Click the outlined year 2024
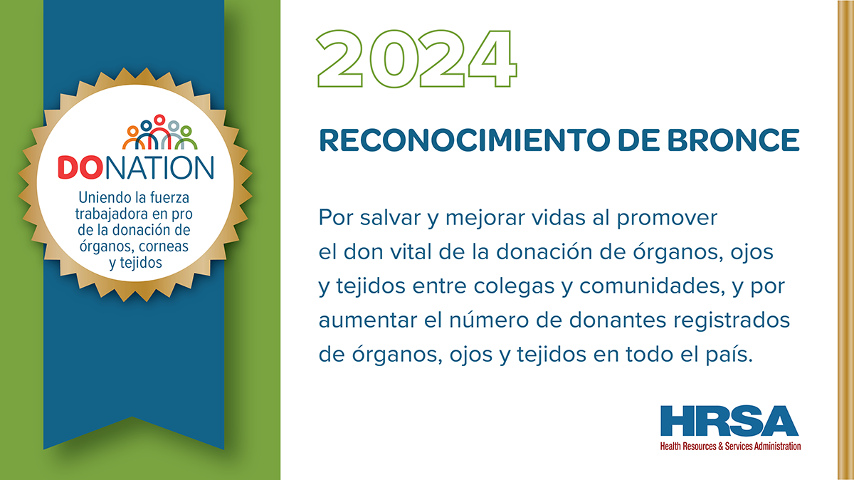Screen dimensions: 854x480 [417, 59]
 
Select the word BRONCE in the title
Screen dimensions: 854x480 [733, 140]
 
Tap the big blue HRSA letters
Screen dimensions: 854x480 [729, 420]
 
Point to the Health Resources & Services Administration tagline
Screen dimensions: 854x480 [730, 446]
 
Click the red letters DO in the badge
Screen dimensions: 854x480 [80, 167]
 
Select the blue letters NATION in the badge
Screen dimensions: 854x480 [159, 167]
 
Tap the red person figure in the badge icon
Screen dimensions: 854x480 [159, 132]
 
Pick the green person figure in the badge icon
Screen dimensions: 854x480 [186, 137]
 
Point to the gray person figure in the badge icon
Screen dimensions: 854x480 [173, 135]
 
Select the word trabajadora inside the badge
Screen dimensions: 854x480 [110, 214]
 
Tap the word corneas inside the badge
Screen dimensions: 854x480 [164, 247]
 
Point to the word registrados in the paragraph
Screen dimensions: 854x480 [732, 320]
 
